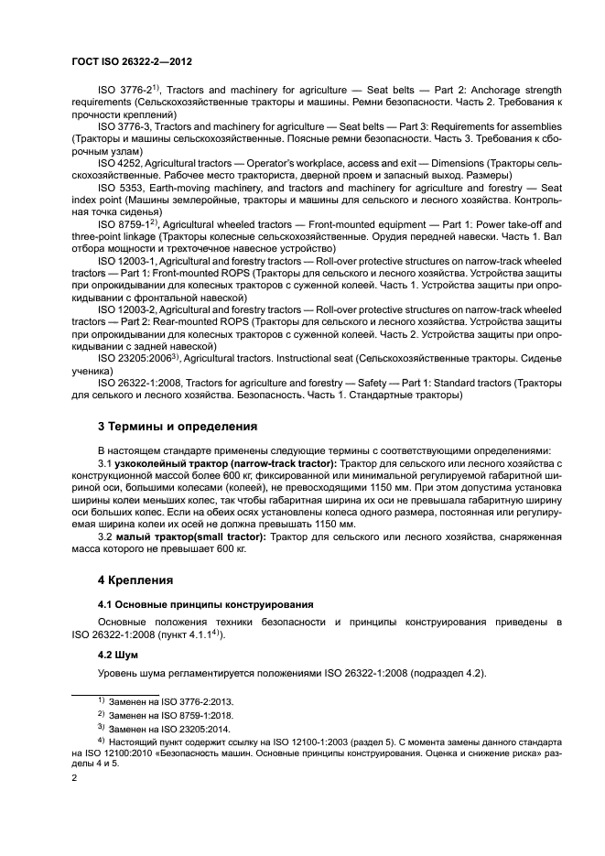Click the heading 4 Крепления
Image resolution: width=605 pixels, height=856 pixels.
pyautogui.click(x=135, y=580)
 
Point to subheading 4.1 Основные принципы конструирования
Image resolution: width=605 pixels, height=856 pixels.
pyautogui.click(x=206, y=604)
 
